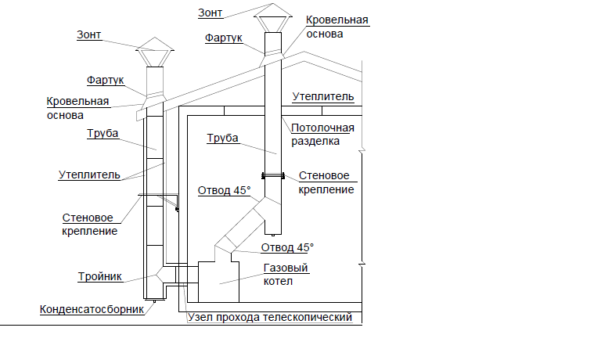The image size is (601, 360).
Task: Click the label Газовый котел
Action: tap(285, 274)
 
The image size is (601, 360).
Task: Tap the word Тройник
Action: tap(99, 276)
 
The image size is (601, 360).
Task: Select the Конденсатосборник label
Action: tap(92, 308)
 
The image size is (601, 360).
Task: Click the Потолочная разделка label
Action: tap(322, 135)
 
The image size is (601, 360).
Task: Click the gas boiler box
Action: tap(218, 282)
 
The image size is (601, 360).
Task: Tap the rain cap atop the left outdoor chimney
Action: tap(155, 50)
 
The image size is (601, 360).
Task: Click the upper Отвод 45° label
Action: tap(224, 190)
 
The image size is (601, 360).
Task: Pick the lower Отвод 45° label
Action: tap(286, 247)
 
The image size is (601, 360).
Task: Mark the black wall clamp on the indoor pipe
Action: tap(272, 175)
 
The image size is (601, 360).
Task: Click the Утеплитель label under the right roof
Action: tap(323, 97)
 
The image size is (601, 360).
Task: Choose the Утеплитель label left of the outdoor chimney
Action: tap(89, 175)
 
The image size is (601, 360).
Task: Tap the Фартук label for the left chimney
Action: tap(105, 81)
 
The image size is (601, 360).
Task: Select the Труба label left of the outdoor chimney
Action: tap(103, 133)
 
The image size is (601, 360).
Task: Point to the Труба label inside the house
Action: tap(222, 139)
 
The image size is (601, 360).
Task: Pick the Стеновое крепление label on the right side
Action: tap(323, 182)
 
